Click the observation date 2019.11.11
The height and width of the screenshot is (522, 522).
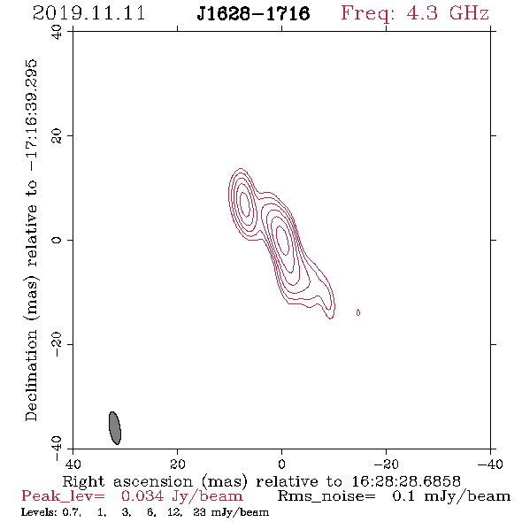click(88, 13)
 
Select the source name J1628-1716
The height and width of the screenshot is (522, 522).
click(253, 14)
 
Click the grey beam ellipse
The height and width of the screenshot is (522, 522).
click(115, 428)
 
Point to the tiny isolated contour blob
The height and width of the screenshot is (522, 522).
click(357, 312)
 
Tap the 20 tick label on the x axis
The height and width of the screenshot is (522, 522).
click(177, 464)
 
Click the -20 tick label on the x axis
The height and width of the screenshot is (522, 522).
click(386, 464)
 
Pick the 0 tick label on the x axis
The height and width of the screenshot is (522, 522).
click(281, 464)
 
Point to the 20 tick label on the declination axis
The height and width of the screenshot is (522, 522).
click(57, 136)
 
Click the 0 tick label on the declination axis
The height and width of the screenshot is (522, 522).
click(57, 240)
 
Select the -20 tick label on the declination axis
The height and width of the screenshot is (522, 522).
click(57, 344)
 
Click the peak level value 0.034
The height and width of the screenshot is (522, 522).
click(142, 496)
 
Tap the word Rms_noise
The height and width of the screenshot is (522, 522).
click(326, 496)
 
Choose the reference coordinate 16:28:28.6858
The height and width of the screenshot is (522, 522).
click(406, 481)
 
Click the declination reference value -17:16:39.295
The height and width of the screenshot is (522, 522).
click(32, 116)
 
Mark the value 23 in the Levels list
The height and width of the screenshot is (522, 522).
click(199, 512)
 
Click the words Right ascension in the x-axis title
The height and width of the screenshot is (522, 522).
click(127, 482)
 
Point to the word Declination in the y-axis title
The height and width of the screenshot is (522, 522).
click(32, 376)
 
